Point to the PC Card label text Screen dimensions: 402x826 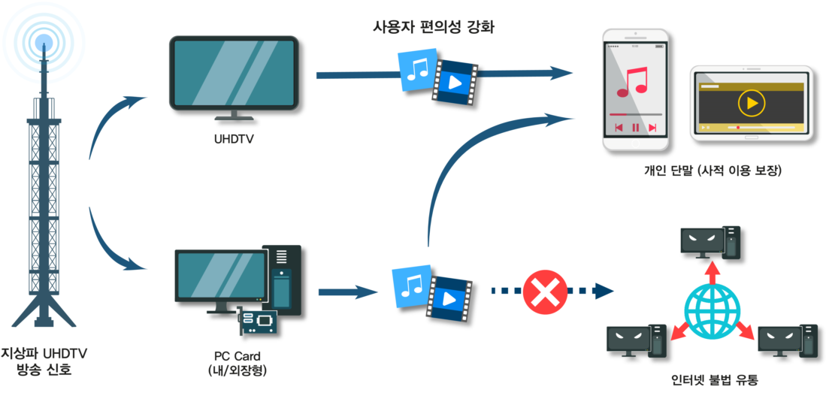tap(234, 356)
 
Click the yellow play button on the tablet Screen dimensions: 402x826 tap(751, 102)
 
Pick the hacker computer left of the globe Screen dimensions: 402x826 tap(637, 340)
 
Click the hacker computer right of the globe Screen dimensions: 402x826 tap(788, 340)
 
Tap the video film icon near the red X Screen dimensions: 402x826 tap(449, 298)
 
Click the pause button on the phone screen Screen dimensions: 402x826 tap(635, 128)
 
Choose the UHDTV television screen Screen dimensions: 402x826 tap(232, 72)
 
